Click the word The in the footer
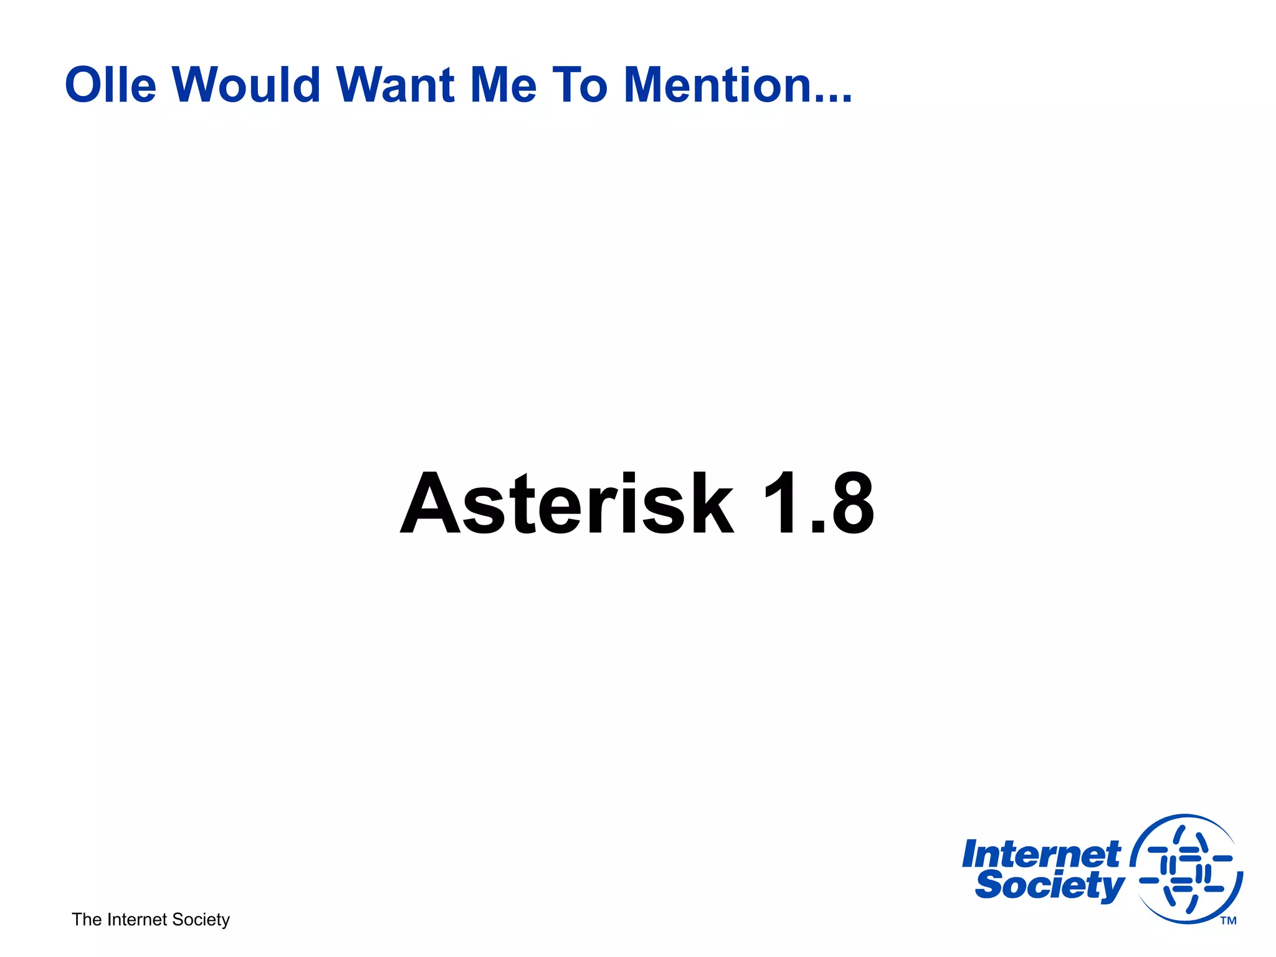(x=87, y=920)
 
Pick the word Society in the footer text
(x=201, y=920)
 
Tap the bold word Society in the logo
(x=1049, y=885)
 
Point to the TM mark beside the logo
(x=1228, y=921)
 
